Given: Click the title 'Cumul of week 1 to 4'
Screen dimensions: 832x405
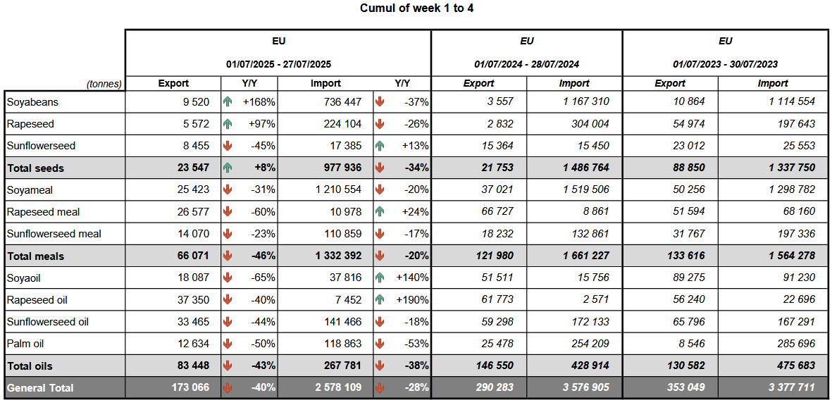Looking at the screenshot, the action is click(x=416, y=8).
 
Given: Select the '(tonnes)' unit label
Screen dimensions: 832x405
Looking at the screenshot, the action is click(x=104, y=83).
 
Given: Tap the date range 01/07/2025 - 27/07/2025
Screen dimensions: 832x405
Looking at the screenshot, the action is click(x=278, y=64).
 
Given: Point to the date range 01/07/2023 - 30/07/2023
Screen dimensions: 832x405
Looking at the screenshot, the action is click(x=726, y=64).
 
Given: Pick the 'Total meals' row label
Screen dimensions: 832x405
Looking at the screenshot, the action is click(x=35, y=256).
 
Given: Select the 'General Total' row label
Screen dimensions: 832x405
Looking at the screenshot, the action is click(x=39, y=388).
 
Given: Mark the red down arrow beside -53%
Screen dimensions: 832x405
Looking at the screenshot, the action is click(x=380, y=344).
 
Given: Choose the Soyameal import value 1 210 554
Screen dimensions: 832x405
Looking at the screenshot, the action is click(x=334, y=190).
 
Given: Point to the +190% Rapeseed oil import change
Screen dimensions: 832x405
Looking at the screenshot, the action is click(x=412, y=300).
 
